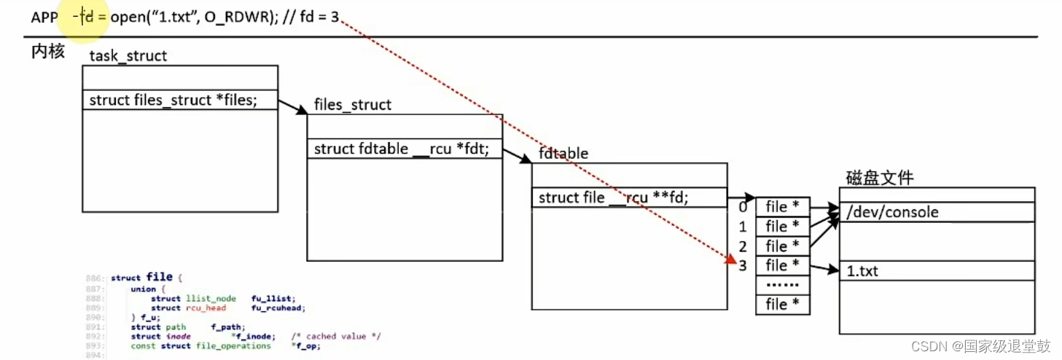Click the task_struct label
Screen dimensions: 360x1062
[x=128, y=56]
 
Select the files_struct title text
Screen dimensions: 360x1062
[x=352, y=105]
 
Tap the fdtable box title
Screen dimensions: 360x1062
[x=563, y=154]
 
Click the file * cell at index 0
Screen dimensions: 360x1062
[x=783, y=207]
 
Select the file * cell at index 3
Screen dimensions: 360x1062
[x=783, y=265]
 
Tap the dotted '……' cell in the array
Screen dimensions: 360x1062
[x=783, y=284]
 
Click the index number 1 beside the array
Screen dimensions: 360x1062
[x=743, y=227]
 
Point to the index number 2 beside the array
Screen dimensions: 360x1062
[x=743, y=246]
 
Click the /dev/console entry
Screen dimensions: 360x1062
[x=892, y=213]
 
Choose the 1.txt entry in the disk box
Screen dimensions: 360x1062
[x=862, y=271]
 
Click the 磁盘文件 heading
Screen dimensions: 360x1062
[x=879, y=177]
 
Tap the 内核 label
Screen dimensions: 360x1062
[x=47, y=51]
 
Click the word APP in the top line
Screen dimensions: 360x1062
[x=44, y=17]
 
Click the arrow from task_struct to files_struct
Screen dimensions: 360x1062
[x=293, y=107]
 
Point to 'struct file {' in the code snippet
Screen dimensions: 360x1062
[x=145, y=278]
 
